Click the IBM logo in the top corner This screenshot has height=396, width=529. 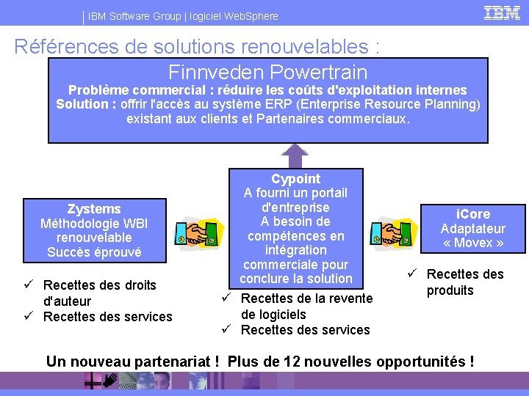[x=503, y=12]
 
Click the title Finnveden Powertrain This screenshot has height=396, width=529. [x=267, y=73]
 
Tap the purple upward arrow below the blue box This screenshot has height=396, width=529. [x=295, y=155]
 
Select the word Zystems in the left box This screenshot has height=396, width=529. [x=94, y=209]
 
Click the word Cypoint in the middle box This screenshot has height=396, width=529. [x=296, y=179]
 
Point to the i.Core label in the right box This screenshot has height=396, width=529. [x=472, y=214]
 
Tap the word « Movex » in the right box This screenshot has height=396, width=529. [x=473, y=243]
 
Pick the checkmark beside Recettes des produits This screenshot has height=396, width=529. [x=413, y=274]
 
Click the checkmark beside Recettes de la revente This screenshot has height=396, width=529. [x=228, y=297]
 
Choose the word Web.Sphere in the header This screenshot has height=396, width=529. [x=252, y=16]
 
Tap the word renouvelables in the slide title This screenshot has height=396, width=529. [x=313, y=47]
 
